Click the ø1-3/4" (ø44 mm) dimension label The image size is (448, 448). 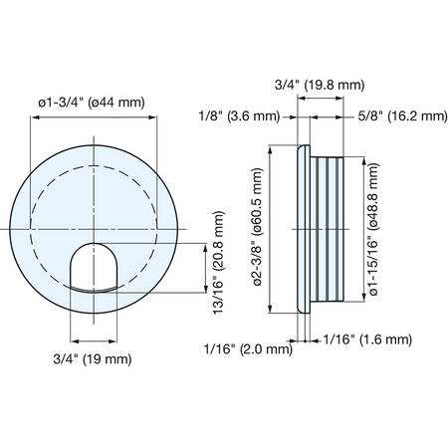click(x=92, y=102)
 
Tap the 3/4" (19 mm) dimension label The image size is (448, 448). click(x=93, y=359)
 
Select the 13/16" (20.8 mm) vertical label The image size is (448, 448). click(x=219, y=263)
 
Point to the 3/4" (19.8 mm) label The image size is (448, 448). click(x=320, y=85)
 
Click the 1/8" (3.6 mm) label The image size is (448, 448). click(x=239, y=116)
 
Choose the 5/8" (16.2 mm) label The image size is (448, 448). click(x=403, y=116)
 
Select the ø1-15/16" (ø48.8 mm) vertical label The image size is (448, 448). click(x=373, y=229)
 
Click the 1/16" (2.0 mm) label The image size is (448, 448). click(x=249, y=348)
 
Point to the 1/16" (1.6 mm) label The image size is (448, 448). click(x=367, y=339)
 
